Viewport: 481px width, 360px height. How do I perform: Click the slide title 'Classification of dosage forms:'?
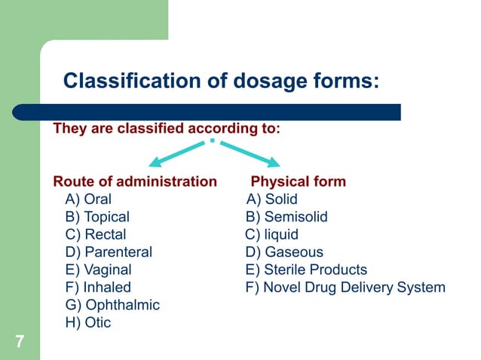tap(221, 81)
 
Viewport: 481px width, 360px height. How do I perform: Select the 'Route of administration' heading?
tap(135, 182)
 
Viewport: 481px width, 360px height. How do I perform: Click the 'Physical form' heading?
tap(298, 182)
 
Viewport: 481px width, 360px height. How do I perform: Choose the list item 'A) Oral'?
tap(88, 200)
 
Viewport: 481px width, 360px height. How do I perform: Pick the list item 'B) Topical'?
tap(97, 217)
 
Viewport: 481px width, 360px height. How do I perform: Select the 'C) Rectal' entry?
tap(96, 234)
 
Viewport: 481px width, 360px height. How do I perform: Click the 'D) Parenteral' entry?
tap(109, 252)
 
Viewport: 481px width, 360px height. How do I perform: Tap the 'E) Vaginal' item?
tap(98, 270)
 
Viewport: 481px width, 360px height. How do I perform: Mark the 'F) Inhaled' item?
tap(98, 287)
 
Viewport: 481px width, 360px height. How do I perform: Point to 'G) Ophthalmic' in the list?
tap(112, 305)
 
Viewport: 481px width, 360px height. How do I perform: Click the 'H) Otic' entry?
tap(88, 322)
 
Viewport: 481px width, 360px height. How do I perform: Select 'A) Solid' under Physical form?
tap(272, 200)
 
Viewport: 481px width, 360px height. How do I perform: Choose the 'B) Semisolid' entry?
tap(286, 217)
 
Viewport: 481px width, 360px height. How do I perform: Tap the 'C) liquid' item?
tap(271, 234)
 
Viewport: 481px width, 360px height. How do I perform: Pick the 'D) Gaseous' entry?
tap(283, 252)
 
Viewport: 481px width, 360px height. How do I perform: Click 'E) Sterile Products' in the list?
tap(306, 270)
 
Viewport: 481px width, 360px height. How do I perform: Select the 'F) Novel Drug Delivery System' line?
tap(345, 287)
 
